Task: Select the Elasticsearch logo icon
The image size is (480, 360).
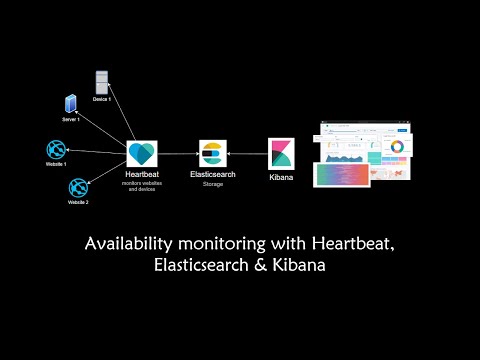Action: click(x=211, y=154)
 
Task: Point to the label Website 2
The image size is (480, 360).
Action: click(x=78, y=203)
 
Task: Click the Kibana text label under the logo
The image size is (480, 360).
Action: click(x=282, y=177)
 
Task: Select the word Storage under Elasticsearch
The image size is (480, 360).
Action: click(x=211, y=185)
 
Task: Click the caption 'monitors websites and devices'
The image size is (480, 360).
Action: click(x=142, y=187)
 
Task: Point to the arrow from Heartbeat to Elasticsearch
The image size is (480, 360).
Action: click(x=178, y=155)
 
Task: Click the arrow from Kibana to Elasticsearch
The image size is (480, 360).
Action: click(x=246, y=155)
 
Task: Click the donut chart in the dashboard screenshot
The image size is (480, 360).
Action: click(x=397, y=148)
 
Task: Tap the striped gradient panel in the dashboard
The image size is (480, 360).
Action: click(x=343, y=174)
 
